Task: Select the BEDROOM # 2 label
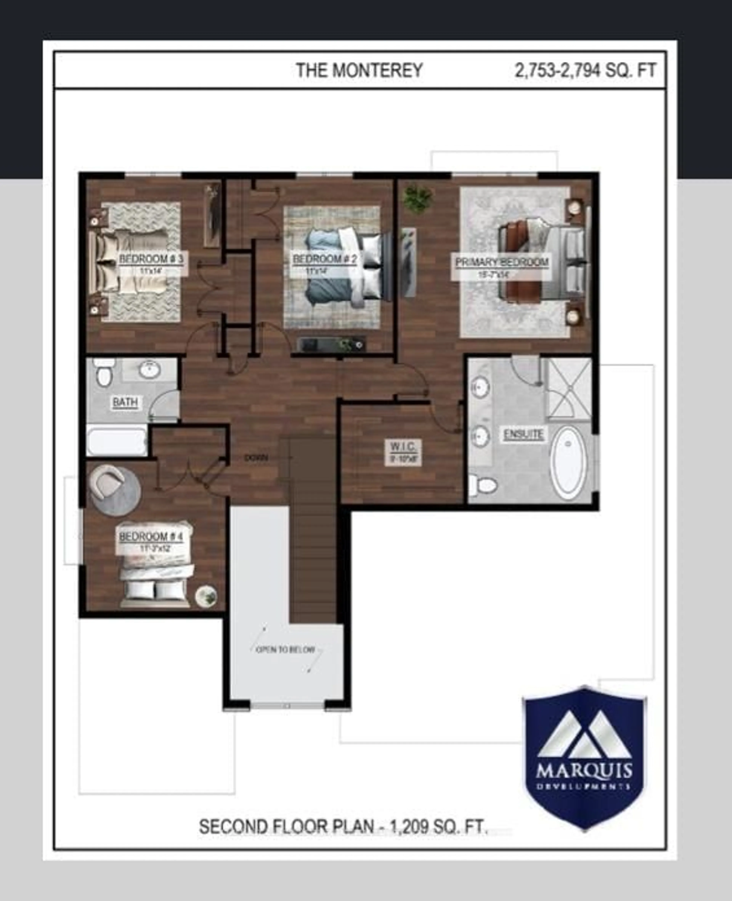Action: pyautogui.click(x=325, y=259)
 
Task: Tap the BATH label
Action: pyautogui.click(x=125, y=402)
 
